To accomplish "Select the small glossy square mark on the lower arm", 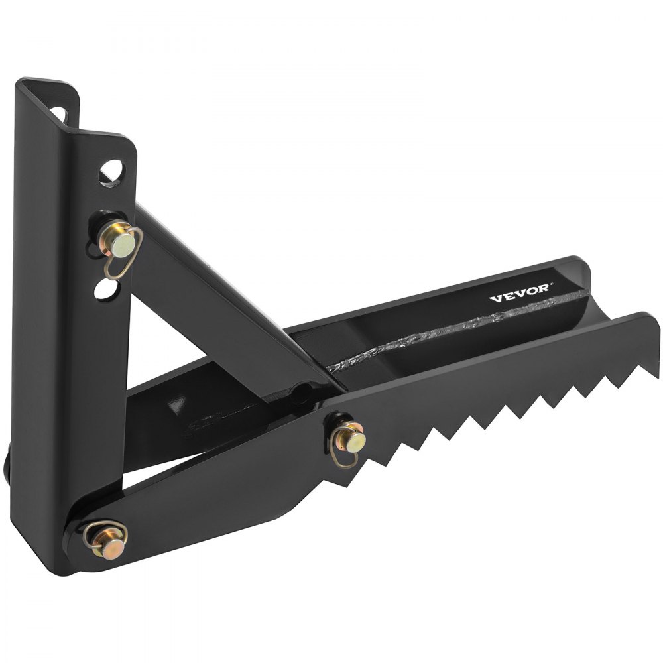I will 174,403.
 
